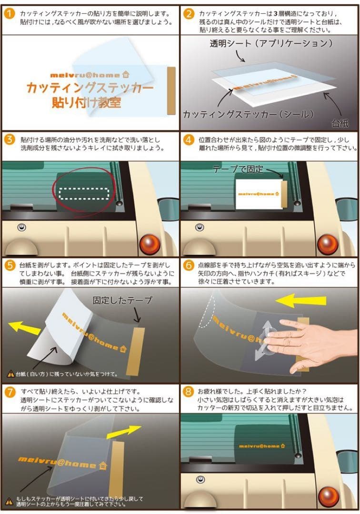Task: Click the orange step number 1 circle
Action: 10,14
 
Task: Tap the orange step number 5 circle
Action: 10,265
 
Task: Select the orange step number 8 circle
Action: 188,391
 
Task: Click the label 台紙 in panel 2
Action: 340,123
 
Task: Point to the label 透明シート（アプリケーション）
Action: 271,43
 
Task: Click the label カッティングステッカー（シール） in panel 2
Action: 249,114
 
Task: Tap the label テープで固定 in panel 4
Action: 238,169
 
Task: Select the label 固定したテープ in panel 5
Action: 122,300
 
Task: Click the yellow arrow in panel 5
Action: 25,327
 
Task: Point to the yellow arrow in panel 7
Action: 124,431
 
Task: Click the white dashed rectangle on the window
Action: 84,194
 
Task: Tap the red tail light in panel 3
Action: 150,244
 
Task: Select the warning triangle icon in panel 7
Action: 10,501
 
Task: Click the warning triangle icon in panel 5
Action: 11,374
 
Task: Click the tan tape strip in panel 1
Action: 171,91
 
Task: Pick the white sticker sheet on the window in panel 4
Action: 259,194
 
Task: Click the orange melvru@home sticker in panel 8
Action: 261,446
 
